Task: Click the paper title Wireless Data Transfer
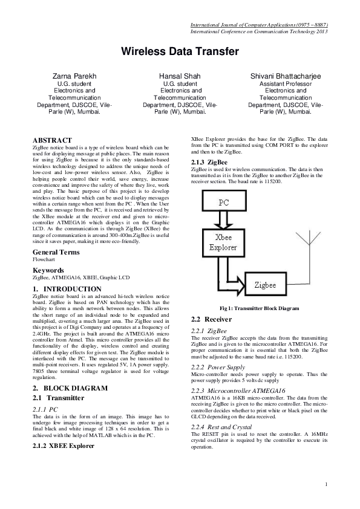pos(180,52)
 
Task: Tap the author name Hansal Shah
pos(180,76)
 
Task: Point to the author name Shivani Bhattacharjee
pos(286,76)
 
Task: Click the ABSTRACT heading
pos(53,140)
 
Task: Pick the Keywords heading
pos(49,270)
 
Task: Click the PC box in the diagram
pos(223,202)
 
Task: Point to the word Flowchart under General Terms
pos(44,259)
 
